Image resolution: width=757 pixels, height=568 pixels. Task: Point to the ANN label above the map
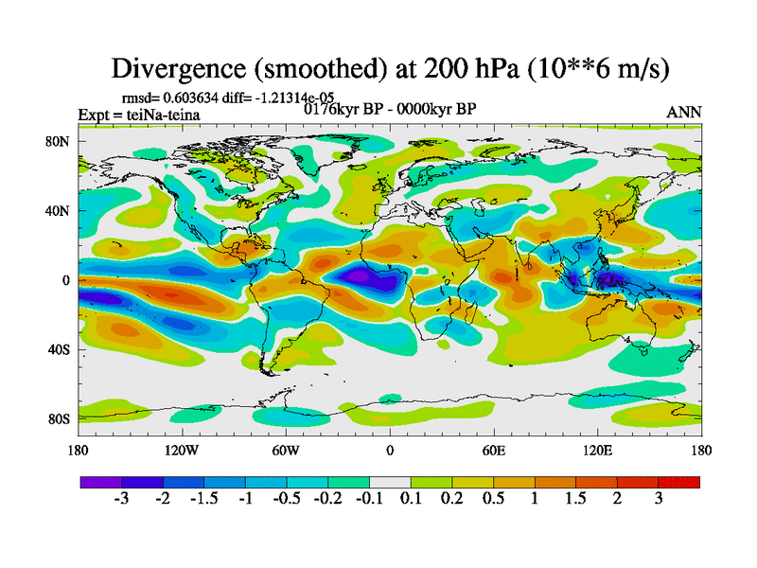click(x=684, y=112)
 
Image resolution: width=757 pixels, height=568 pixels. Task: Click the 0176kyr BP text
click(x=344, y=109)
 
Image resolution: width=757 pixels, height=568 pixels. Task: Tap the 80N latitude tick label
click(x=61, y=143)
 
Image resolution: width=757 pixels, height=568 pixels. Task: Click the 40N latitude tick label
click(x=61, y=211)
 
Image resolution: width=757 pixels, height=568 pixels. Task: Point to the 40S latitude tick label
click(x=61, y=349)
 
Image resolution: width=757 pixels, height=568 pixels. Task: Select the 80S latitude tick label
click(x=61, y=418)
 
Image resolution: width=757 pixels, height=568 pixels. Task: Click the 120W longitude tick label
click(x=182, y=451)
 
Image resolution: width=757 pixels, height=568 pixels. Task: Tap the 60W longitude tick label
click(x=286, y=451)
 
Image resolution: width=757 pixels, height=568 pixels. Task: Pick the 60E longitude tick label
click(x=494, y=451)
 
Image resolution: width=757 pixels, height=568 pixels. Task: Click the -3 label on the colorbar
click(x=120, y=499)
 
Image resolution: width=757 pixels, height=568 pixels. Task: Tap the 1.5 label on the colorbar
click(x=575, y=499)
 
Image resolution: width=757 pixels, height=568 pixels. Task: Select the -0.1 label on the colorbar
click(x=368, y=499)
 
